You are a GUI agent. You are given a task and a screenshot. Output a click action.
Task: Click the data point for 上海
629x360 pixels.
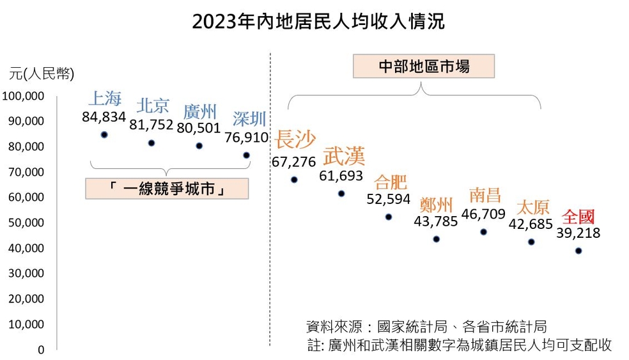click(104, 135)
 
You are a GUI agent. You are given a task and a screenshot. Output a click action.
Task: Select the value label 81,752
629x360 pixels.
click(151, 125)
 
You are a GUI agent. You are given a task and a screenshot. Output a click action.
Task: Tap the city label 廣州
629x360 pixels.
click(200, 113)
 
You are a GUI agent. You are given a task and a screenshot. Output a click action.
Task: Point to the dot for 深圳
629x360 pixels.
click(246, 155)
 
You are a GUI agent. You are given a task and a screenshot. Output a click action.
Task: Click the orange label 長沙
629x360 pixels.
click(295, 140)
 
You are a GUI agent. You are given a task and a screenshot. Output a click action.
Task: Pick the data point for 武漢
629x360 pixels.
click(341, 194)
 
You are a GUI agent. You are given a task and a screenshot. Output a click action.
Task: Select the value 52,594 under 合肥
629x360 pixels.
click(389, 200)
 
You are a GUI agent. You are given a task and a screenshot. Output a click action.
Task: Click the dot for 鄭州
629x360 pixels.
click(436, 239)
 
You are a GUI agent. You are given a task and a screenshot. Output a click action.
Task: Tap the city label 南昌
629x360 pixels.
click(485, 194)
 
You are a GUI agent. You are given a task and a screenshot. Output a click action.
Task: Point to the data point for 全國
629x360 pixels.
click(579, 251)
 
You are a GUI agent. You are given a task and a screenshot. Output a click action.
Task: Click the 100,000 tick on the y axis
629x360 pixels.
click(24, 96)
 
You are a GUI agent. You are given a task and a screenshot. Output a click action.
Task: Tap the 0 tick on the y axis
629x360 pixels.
click(40, 350)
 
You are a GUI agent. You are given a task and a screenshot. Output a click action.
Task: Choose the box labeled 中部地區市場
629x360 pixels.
click(424, 67)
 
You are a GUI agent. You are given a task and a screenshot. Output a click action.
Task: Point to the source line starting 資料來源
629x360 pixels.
click(426, 327)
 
